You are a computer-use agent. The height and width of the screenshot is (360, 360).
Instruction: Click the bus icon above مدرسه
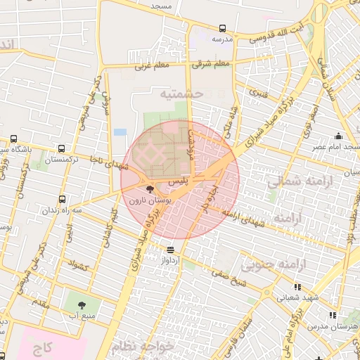pyautogui.click(x=223, y=29)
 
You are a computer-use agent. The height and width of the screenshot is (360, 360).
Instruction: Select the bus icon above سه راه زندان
pyautogui.click(x=63, y=200)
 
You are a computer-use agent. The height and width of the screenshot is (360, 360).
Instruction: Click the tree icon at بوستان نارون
pyautogui.click(x=150, y=189)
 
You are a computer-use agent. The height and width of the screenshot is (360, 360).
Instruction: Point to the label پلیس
pyautogui.click(x=180, y=181)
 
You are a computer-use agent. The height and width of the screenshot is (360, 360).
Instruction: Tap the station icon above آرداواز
pyautogui.click(x=170, y=250)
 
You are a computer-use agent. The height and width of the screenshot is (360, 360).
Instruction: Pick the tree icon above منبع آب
pyautogui.click(x=82, y=305)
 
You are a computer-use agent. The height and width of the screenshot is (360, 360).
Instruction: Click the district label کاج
pyautogui.click(x=42, y=347)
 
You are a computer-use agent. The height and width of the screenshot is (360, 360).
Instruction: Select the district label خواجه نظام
pyautogui.click(x=141, y=346)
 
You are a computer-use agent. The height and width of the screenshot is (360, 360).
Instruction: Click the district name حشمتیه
pyautogui.click(x=181, y=93)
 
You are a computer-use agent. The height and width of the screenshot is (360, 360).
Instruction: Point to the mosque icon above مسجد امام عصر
pyautogui.click(x=340, y=136)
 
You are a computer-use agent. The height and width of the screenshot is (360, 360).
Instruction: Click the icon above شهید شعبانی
pyautogui.click(x=298, y=287)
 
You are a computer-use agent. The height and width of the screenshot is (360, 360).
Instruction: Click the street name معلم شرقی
pyautogui.click(x=213, y=65)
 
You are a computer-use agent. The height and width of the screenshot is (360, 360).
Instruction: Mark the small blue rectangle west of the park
pyautogui.click(x=120, y=131)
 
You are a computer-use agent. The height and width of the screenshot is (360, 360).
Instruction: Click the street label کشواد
pyautogui.click(x=77, y=266)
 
